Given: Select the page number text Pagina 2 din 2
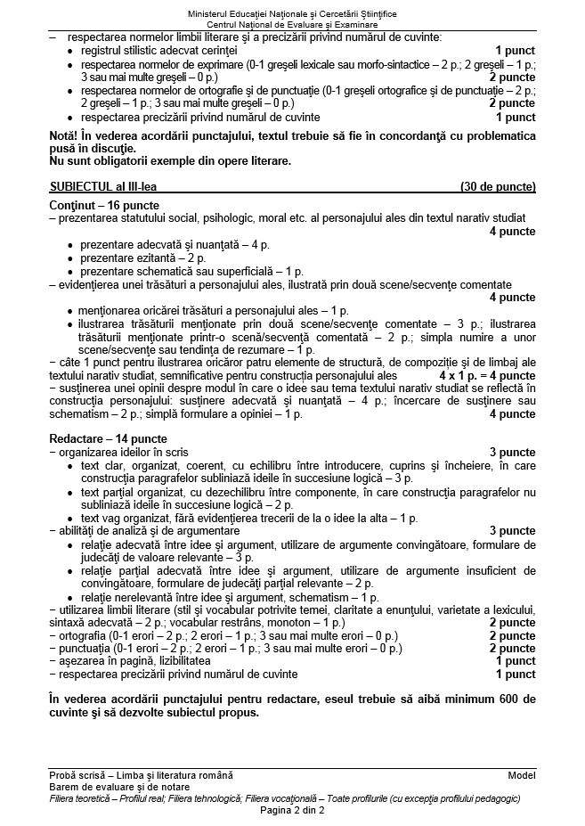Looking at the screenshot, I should pos(292,811).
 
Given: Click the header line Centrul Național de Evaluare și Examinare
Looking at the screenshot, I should pos(292,25).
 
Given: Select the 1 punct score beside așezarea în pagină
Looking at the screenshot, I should pos(516,661).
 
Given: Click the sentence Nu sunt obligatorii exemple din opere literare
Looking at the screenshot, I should pos(170,161).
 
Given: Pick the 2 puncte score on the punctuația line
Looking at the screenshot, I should pos(513,649).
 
